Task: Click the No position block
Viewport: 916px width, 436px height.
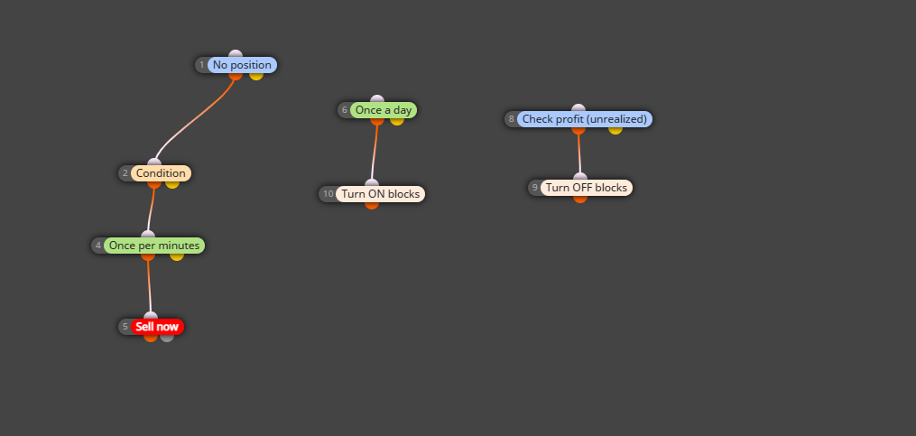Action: [x=242, y=65]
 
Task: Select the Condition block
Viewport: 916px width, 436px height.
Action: [x=161, y=173]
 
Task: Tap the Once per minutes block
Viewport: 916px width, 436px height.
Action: [x=154, y=246]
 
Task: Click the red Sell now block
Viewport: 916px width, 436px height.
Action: [x=157, y=327]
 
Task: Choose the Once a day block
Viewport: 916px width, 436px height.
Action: [x=384, y=110]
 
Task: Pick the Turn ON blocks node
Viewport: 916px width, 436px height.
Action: [x=380, y=194]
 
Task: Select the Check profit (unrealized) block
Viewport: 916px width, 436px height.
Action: [x=584, y=119]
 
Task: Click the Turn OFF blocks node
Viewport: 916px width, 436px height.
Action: [x=586, y=188]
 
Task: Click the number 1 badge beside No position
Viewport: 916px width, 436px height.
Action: [x=202, y=65]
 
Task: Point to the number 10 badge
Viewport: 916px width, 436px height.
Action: [x=328, y=194]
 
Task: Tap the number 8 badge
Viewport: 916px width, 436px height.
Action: [x=512, y=119]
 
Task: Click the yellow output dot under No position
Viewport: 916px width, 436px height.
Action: [x=256, y=76]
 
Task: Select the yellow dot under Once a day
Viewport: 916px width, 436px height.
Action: [x=397, y=121]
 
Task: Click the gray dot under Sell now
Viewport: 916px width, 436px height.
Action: [x=167, y=338]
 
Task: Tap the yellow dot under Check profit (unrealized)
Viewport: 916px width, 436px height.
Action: [x=615, y=130]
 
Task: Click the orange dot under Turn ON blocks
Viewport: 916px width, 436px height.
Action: [x=372, y=205]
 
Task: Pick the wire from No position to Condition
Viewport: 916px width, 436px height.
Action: [x=193, y=120]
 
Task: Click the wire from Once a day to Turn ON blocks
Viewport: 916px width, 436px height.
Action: [x=375, y=152]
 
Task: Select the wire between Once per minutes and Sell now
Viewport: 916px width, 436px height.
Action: [x=149, y=286]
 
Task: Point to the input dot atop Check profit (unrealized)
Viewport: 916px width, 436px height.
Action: [x=578, y=108]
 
